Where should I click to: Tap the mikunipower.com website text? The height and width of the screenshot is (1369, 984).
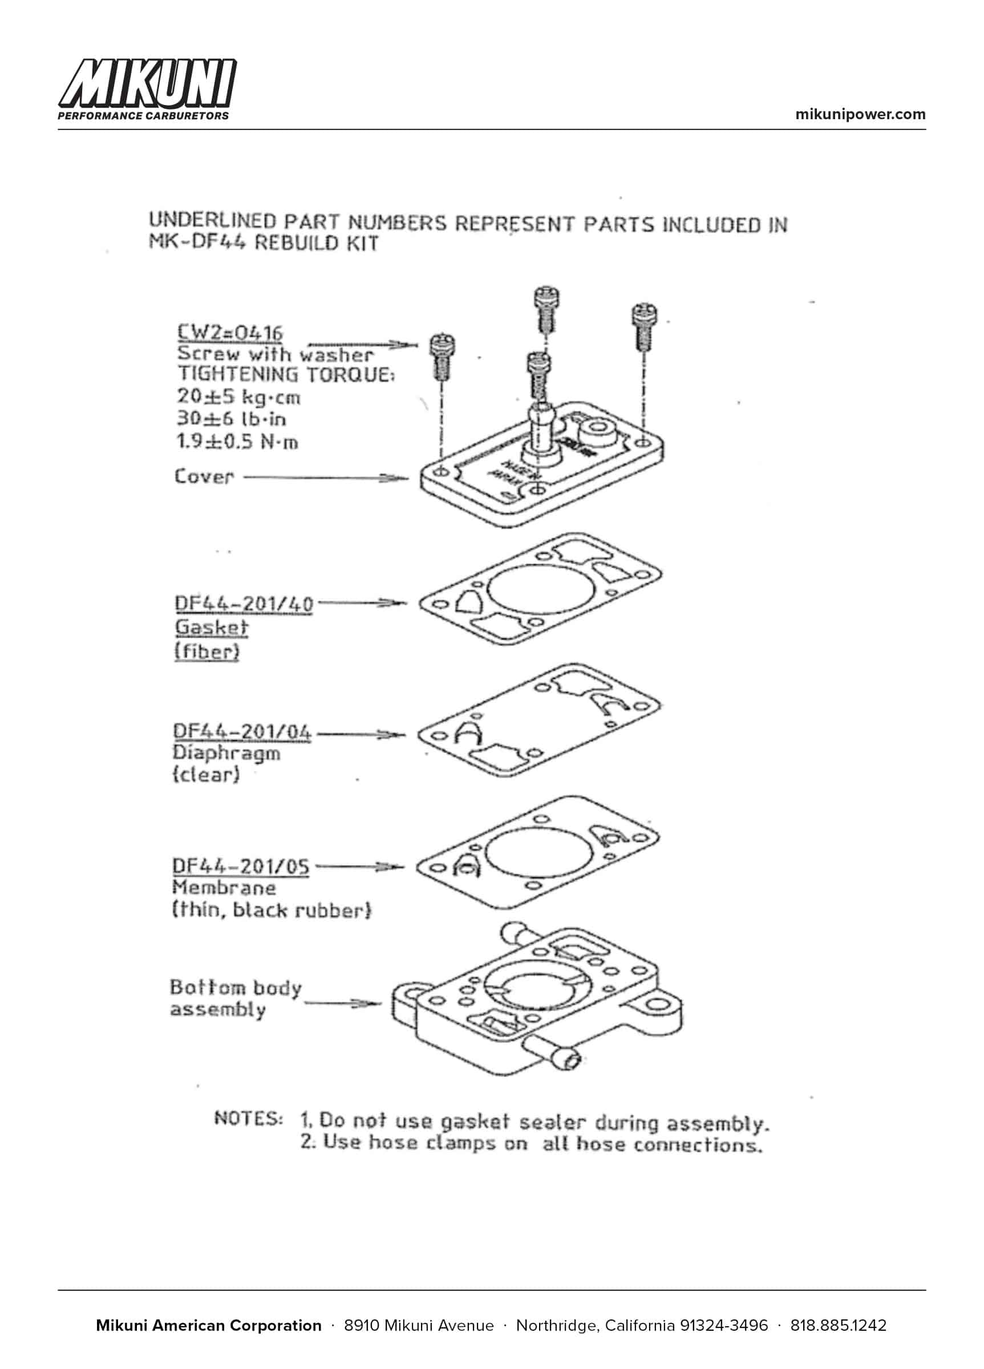860,114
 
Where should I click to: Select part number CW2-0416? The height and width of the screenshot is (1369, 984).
230,333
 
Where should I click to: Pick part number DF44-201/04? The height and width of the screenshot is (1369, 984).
242,732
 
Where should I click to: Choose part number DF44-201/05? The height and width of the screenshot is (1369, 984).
241,866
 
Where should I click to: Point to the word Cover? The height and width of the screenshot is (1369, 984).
204,477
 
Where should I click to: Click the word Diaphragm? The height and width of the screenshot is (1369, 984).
226,754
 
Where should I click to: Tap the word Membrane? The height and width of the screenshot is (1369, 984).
224,888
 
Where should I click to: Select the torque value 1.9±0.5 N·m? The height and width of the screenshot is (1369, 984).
237,442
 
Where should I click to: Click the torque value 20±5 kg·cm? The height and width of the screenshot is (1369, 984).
238,396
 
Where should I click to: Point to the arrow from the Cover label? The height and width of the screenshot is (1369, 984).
326,478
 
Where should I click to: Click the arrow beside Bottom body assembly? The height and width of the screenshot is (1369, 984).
343,1004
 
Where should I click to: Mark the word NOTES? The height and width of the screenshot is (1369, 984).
248,1118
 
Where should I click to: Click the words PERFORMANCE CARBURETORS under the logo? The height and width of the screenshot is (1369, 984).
143,116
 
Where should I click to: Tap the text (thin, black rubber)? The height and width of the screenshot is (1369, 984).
272,910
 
